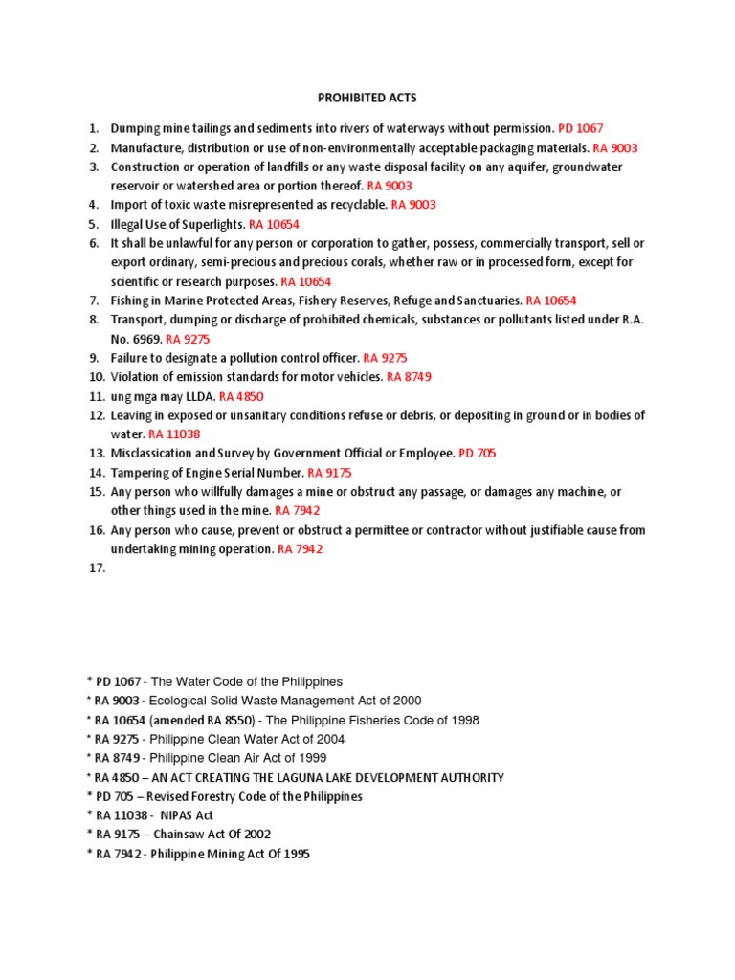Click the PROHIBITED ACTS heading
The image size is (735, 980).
coord(367,98)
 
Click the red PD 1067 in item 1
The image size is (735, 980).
coord(581,128)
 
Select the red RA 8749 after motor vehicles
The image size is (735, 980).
coord(410,377)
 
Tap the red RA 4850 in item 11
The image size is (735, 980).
coord(241,396)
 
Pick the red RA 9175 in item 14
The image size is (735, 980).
coord(331,473)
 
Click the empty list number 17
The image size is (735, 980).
coord(97,568)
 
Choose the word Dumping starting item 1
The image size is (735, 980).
coord(135,128)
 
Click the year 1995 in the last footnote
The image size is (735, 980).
coord(294,854)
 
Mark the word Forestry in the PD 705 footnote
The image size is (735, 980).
coord(227,796)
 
